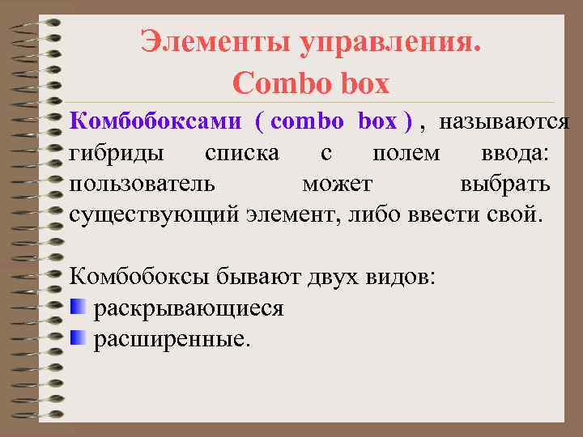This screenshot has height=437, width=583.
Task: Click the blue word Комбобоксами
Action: (x=155, y=121)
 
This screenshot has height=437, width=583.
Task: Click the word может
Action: (x=338, y=184)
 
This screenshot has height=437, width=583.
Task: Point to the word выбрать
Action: (x=505, y=184)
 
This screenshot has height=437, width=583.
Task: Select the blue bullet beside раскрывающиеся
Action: (x=78, y=306)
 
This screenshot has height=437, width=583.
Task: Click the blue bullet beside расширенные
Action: (x=78, y=337)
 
